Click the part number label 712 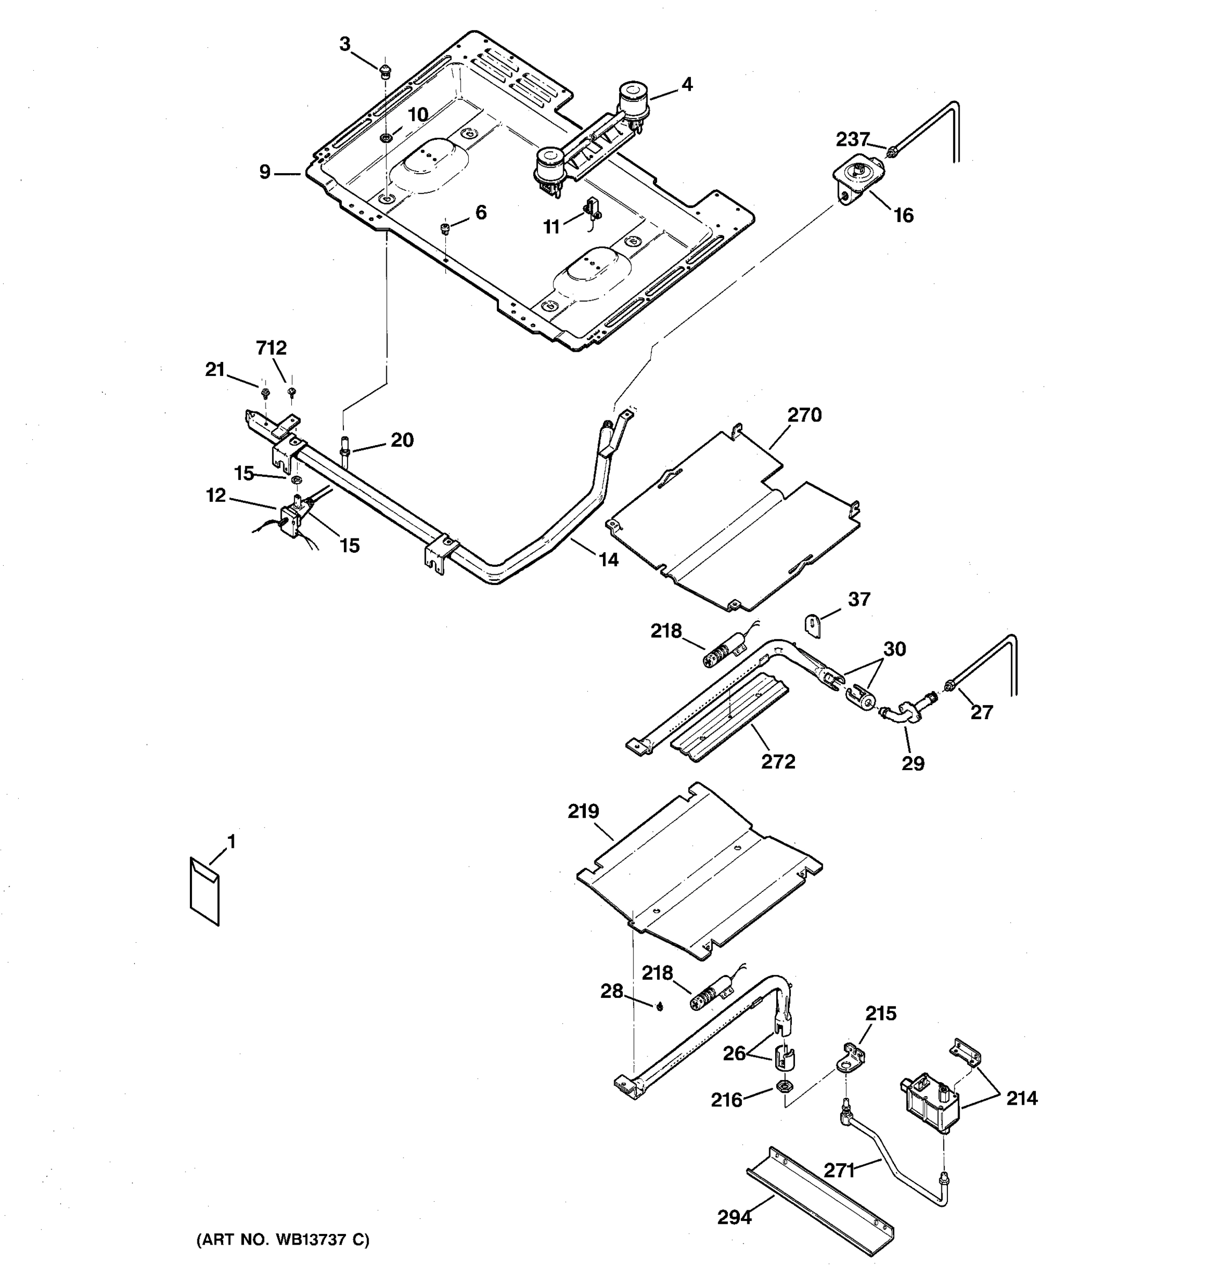point(271,347)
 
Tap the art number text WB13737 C point(283,1240)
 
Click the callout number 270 point(804,415)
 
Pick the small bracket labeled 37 point(813,626)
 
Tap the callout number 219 point(584,811)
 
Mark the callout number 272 point(778,762)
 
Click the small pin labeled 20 point(345,448)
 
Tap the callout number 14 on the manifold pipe point(608,560)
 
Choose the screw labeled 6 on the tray point(445,227)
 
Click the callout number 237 point(852,139)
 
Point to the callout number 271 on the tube point(840,1170)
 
